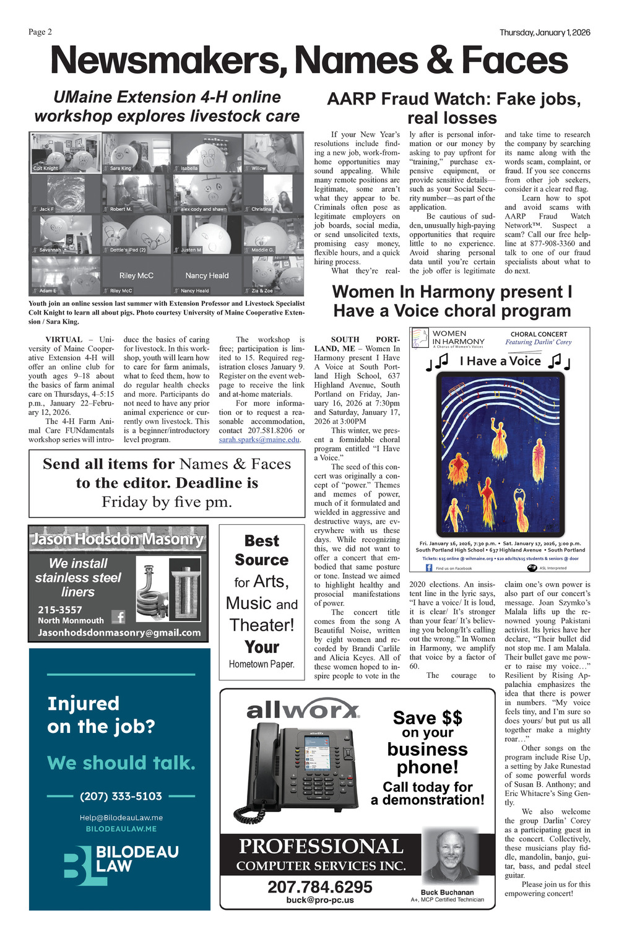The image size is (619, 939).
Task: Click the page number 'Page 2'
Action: point(40,32)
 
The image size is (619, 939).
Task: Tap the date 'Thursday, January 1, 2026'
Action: point(545,33)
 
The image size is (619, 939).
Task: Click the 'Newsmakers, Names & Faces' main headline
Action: point(309,61)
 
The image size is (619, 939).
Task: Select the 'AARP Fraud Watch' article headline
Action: point(454,108)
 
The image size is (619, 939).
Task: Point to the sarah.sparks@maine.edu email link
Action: point(259,439)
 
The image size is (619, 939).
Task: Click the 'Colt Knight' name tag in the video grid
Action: point(46,168)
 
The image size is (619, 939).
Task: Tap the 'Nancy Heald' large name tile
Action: point(207,275)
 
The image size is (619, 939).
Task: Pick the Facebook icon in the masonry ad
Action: point(118,617)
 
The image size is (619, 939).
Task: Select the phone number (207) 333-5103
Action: point(121,796)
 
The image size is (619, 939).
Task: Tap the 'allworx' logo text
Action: point(303,710)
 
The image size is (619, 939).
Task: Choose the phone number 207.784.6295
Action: point(320,886)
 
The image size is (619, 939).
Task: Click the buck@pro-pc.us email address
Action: point(320,900)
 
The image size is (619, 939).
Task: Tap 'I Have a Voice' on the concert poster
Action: point(500,361)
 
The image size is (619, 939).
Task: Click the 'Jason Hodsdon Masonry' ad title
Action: point(118,539)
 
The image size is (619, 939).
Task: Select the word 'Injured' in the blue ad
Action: point(83,703)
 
